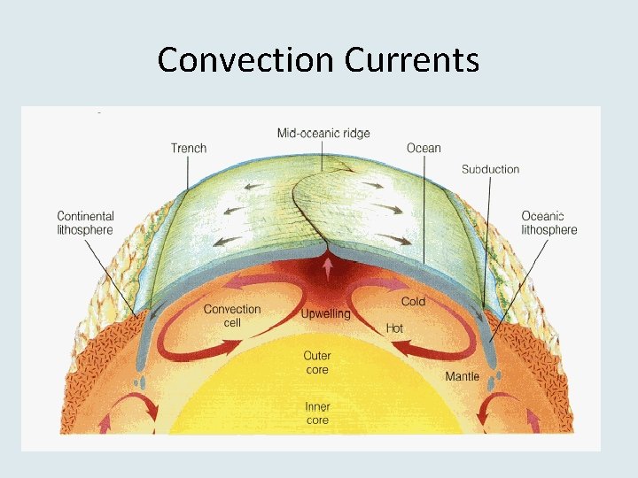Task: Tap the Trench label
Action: coord(189,148)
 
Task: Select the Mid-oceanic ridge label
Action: coord(323,134)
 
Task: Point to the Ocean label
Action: coord(424,148)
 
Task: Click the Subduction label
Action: coord(490,169)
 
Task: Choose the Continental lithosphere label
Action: coord(85,223)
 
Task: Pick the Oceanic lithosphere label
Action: coord(549,223)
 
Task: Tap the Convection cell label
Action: coord(232,316)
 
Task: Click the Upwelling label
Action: coord(325,314)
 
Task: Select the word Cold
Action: coord(413,302)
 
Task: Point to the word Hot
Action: coord(394,328)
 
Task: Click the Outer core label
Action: coord(317,363)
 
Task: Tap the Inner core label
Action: coord(317,413)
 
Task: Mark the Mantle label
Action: coord(462,376)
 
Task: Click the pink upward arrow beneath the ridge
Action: coord(329,266)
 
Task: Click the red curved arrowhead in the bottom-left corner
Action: coord(151,412)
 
